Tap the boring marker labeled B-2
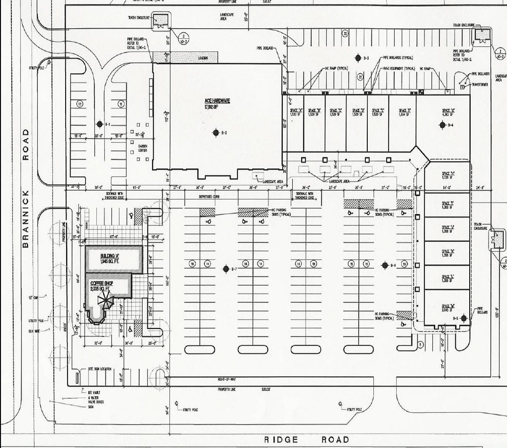pyautogui.click(x=216, y=132)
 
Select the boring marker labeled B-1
pyautogui.click(x=99, y=124)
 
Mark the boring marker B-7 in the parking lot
pyautogui.click(x=226, y=269)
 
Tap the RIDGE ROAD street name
pyautogui.click(x=306, y=440)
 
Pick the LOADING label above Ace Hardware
pyautogui.click(x=203, y=58)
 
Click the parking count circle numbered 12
pyautogui.click(x=80, y=104)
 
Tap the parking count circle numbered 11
pyautogui.click(x=121, y=104)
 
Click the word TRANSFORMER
pyautogui.click(x=480, y=85)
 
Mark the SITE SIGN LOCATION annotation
pyautogui.click(x=99, y=369)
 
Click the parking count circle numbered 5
pyautogui.click(x=420, y=344)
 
